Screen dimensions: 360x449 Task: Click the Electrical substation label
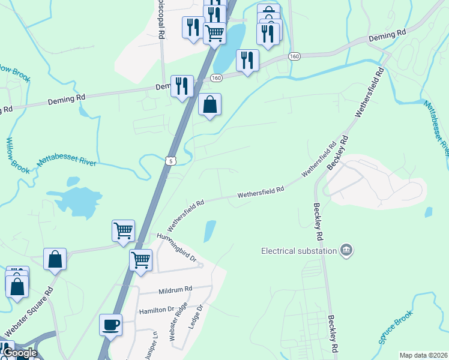(x=299, y=250)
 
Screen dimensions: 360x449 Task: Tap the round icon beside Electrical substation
(x=345, y=250)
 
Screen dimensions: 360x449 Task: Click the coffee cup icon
(x=110, y=325)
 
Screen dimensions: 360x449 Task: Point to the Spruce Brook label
(x=396, y=327)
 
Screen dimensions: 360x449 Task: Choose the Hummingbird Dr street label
(x=176, y=247)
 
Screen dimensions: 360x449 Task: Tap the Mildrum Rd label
(x=175, y=289)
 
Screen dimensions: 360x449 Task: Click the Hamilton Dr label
(x=156, y=310)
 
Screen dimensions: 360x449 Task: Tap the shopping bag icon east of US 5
(x=209, y=105)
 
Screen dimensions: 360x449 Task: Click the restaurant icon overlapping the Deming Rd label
(x=182, y=86)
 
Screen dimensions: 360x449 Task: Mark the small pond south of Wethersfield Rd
(x=209, y=231)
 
